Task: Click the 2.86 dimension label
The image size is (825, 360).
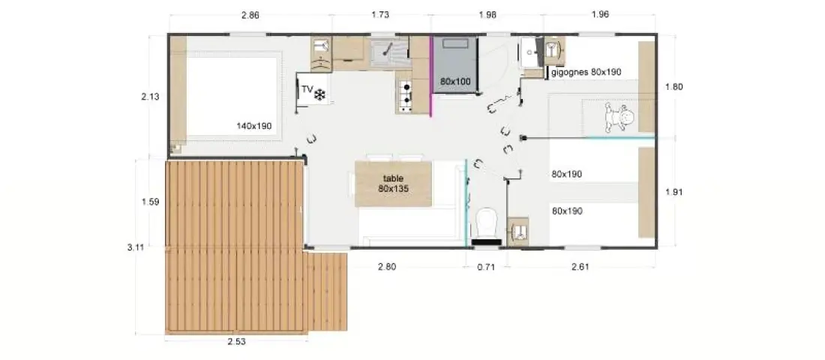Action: tap(250, 15)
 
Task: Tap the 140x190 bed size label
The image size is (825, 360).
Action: tap(253, 126)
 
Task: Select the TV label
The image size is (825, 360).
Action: tap(307, 89)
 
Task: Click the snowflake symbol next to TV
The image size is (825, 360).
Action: tap(320, 94)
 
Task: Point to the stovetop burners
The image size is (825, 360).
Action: tap(405, 96)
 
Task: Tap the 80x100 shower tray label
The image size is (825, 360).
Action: tap(456, 82)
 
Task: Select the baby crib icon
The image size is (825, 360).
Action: tap(619, 117)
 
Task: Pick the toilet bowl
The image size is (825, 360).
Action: tap(486, 223)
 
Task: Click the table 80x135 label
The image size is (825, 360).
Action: tap(393, 183)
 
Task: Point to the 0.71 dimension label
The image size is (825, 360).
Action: tap(486, 267)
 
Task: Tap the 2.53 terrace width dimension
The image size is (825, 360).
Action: tap(236, 341)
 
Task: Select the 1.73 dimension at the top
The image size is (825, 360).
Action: tap(380, 15)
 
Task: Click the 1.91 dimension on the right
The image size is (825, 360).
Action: tap(673, 192)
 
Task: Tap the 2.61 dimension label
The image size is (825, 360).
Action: tap(580, 267)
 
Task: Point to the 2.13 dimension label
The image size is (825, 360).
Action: tap(151, 97)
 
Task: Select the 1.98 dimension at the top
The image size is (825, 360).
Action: tap(487, 15)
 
